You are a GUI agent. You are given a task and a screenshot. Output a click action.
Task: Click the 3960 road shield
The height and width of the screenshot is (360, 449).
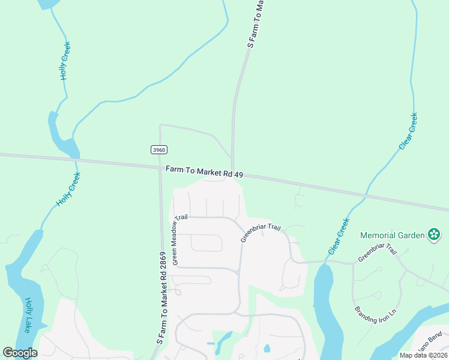click(158, 149)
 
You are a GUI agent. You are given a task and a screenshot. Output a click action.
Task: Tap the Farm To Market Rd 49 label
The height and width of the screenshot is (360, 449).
click(205, 172)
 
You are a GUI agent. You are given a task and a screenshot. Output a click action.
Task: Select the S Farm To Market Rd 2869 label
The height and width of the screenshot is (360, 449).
click(162, 298)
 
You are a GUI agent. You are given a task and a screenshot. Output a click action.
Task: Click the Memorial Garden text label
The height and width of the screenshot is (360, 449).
click(393, 234)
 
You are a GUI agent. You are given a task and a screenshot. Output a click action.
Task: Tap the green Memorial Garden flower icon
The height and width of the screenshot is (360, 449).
click(435, 234)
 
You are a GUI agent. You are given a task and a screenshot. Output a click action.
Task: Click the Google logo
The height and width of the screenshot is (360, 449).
click(20, 353)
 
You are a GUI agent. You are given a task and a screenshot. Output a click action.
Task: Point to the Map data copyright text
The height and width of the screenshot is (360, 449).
click(422, 355)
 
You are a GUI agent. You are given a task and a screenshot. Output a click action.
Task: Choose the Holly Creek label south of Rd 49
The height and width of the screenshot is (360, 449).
click(68, 190)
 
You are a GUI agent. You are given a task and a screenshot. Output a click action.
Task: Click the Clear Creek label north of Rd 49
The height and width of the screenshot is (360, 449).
click(408, 131)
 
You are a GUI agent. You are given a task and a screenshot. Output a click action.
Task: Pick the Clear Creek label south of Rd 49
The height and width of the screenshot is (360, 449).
click(339, 236)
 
